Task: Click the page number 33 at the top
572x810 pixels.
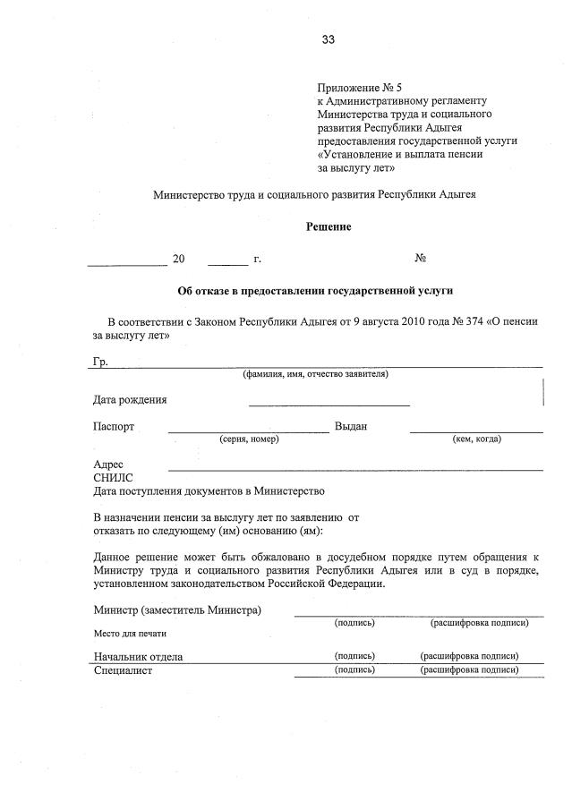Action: point(328,39)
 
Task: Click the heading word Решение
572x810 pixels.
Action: point(329,227)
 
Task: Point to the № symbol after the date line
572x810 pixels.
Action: point(420,259)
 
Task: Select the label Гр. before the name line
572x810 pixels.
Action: point(100,362)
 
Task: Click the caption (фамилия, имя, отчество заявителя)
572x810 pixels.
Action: point(316,374)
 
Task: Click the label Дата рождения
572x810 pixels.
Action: point(130,400)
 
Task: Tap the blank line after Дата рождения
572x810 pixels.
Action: point(329,404)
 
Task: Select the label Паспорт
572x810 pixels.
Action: point(114,427)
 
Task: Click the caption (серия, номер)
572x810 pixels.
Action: point(249,439)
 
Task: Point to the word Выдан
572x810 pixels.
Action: point(351,427)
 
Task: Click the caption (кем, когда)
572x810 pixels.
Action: point(477,439)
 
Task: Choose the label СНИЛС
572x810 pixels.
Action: point(113,478)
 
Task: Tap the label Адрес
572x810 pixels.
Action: point(109,465)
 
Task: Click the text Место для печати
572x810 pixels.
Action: point(131,634)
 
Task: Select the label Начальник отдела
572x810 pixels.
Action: point(138,656)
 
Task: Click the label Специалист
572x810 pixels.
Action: point(124,670)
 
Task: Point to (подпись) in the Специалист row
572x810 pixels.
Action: point(354,669)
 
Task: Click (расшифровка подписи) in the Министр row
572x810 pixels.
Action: point(475,622)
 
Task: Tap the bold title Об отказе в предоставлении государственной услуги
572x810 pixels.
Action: point(316,291)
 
